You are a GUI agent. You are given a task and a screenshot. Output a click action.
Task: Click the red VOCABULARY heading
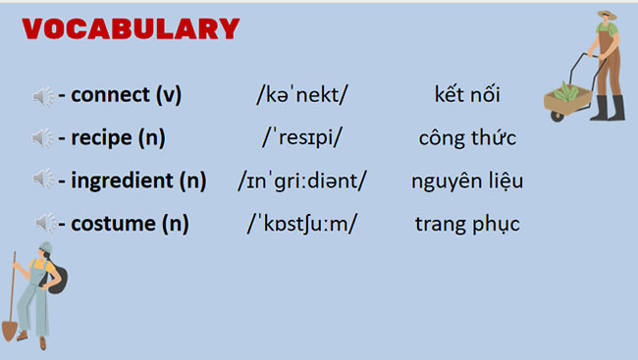pos(132,29)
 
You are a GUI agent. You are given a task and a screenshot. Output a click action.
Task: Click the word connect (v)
pos(126,96)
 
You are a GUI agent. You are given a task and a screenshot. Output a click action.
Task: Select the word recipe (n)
pos(117,138)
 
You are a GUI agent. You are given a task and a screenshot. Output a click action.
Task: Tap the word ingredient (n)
pos(138,180)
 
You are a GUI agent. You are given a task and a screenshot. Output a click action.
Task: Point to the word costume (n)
pos(129,224)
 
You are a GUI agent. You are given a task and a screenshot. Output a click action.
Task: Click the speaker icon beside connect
pos(43,96)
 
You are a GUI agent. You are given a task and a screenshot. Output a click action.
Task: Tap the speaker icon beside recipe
pos(43,138)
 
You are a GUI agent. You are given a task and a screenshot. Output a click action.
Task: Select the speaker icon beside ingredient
pos(43,180)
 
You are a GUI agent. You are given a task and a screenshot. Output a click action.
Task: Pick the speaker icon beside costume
pos(43,224)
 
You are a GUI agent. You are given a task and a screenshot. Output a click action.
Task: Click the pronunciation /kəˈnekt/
pos(302,96)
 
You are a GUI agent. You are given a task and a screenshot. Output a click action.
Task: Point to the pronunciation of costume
pos(302,224)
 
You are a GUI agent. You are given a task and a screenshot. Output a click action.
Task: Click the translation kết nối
pos(467,96)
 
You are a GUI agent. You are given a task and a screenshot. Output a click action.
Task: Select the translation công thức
pos(467,138)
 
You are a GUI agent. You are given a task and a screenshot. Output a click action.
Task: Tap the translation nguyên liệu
pos(467,180)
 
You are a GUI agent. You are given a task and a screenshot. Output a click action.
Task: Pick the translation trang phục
pos(467,224)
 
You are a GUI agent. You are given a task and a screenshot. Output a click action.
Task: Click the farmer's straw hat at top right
pos(606,17)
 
